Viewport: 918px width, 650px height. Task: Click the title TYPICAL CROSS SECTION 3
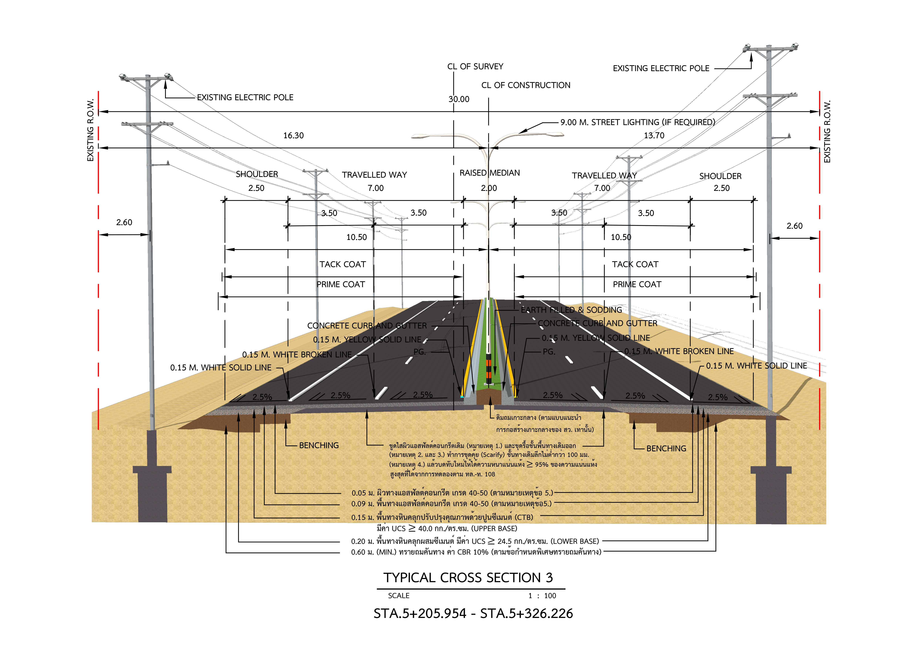pos(468,578)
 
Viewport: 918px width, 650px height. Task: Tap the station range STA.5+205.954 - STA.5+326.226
pos(473,613)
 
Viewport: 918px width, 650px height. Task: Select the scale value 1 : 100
pos(542,596)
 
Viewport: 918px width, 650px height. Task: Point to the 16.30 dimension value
pos(293,135)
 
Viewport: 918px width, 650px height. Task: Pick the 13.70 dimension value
pos(654,135)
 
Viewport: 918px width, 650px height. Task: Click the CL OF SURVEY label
pos(475,67)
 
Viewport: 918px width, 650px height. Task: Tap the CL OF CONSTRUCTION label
pos(526,85)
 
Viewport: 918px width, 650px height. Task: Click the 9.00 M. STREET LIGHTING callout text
pos(638,122)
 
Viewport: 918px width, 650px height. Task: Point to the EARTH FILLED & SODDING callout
pos(571,310)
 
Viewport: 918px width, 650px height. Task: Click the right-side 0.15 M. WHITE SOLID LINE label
pos(756,365)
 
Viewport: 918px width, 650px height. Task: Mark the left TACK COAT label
pos(343,264)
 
